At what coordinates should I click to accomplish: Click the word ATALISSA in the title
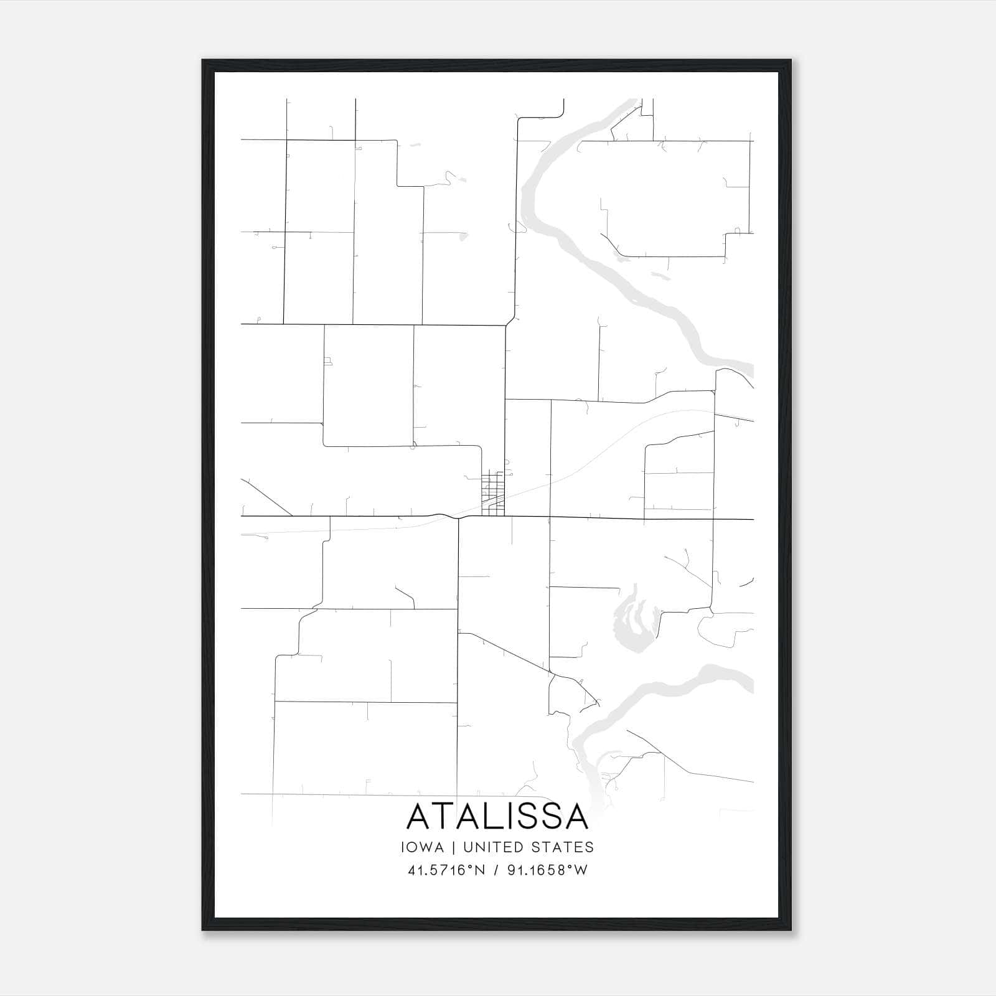coord(497,817)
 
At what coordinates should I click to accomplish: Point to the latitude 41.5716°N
coord(446,870)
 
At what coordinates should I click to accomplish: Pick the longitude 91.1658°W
coord(547,870)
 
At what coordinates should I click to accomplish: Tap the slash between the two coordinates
coord(496,870)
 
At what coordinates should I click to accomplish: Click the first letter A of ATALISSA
coord(420,817)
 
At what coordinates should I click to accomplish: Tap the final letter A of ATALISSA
coord(575,817)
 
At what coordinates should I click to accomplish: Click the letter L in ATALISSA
coord(489,817)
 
